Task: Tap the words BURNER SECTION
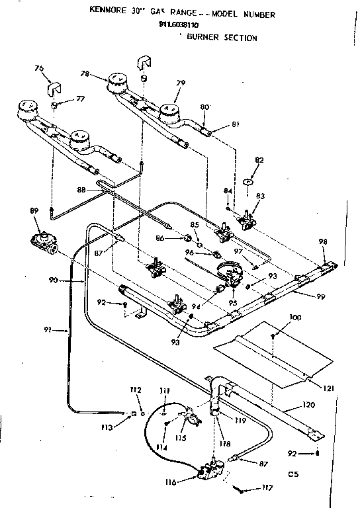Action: tap(222, 38)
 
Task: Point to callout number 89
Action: tap(34, 211)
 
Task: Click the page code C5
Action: tap(294, 474)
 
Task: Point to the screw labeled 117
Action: tap(240, 490)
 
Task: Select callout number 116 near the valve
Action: tap(171, 482)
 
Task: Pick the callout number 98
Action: tap(322, 241)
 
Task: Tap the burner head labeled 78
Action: tap(118, 83)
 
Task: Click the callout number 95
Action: tap(233, 303)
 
